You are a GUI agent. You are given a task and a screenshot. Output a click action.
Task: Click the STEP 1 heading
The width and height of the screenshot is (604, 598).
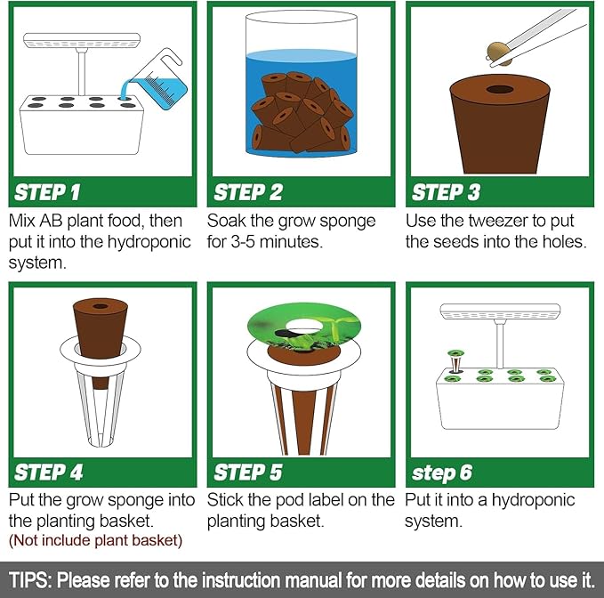[x=47, y=192]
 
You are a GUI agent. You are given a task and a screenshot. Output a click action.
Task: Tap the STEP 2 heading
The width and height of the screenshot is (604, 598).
[x=248, y=192]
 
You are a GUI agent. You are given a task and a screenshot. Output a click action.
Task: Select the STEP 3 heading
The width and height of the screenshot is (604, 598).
[x=446, y=192]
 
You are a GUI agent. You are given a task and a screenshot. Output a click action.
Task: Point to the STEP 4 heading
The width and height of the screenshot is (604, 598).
[x=49, y=472]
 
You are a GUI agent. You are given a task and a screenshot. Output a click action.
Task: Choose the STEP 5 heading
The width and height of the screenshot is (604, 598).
[x=248, y=472]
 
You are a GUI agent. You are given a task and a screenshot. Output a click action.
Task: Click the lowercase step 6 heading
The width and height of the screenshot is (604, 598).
[x=442, y=473]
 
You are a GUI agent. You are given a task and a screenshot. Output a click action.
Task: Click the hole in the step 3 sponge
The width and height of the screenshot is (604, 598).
[x=500, y=90]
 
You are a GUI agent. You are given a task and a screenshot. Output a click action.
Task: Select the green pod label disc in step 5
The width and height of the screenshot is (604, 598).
[x=304, y=326]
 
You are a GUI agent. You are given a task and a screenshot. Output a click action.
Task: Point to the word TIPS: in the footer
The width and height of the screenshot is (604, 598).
[x=30, y=580]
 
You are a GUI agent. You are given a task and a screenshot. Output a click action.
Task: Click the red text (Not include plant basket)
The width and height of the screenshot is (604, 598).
[x=95, y=540]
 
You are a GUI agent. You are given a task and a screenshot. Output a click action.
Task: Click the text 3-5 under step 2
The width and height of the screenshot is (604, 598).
[x=243, y=242]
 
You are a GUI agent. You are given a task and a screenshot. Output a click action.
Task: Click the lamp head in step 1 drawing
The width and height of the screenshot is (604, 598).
[x=82, y=40]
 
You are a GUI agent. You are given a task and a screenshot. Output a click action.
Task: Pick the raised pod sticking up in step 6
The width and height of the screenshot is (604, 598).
[x=455, y=361]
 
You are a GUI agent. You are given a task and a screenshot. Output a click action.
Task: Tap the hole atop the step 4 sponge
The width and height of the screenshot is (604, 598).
[x=101, y=306]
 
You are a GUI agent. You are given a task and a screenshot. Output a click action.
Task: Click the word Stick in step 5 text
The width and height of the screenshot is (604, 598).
[x=225, y=500]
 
